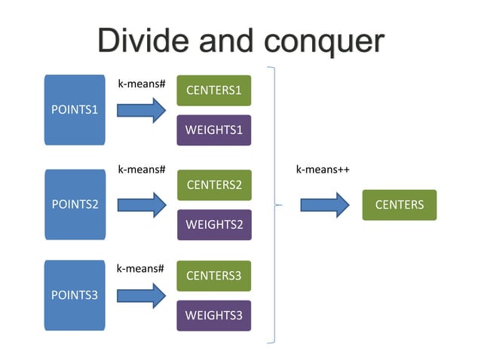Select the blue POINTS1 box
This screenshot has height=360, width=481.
point(75,110)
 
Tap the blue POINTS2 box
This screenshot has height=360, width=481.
point(75,204)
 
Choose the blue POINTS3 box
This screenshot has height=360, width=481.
point(75,295)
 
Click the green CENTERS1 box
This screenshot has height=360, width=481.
point(213,91)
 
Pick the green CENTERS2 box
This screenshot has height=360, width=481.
point(213,185)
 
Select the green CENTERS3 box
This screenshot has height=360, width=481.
point(213,276)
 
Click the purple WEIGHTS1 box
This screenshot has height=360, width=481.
point(213,130)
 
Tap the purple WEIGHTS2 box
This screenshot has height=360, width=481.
point(213,224)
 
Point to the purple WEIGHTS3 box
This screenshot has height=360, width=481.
point(213,316)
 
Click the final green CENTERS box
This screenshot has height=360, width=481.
point(399,205)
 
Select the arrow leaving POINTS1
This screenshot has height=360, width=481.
point(141,111)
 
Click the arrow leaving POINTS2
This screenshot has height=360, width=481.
point(141,204)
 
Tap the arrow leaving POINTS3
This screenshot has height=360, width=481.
point(141,295)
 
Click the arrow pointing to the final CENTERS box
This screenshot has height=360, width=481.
point(324,205)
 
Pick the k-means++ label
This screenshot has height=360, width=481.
point(322,169)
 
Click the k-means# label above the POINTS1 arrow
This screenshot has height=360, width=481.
point(141,84)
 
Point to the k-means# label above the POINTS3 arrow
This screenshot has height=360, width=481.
point(140,267)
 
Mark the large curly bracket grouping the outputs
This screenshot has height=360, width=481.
point(273,204)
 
